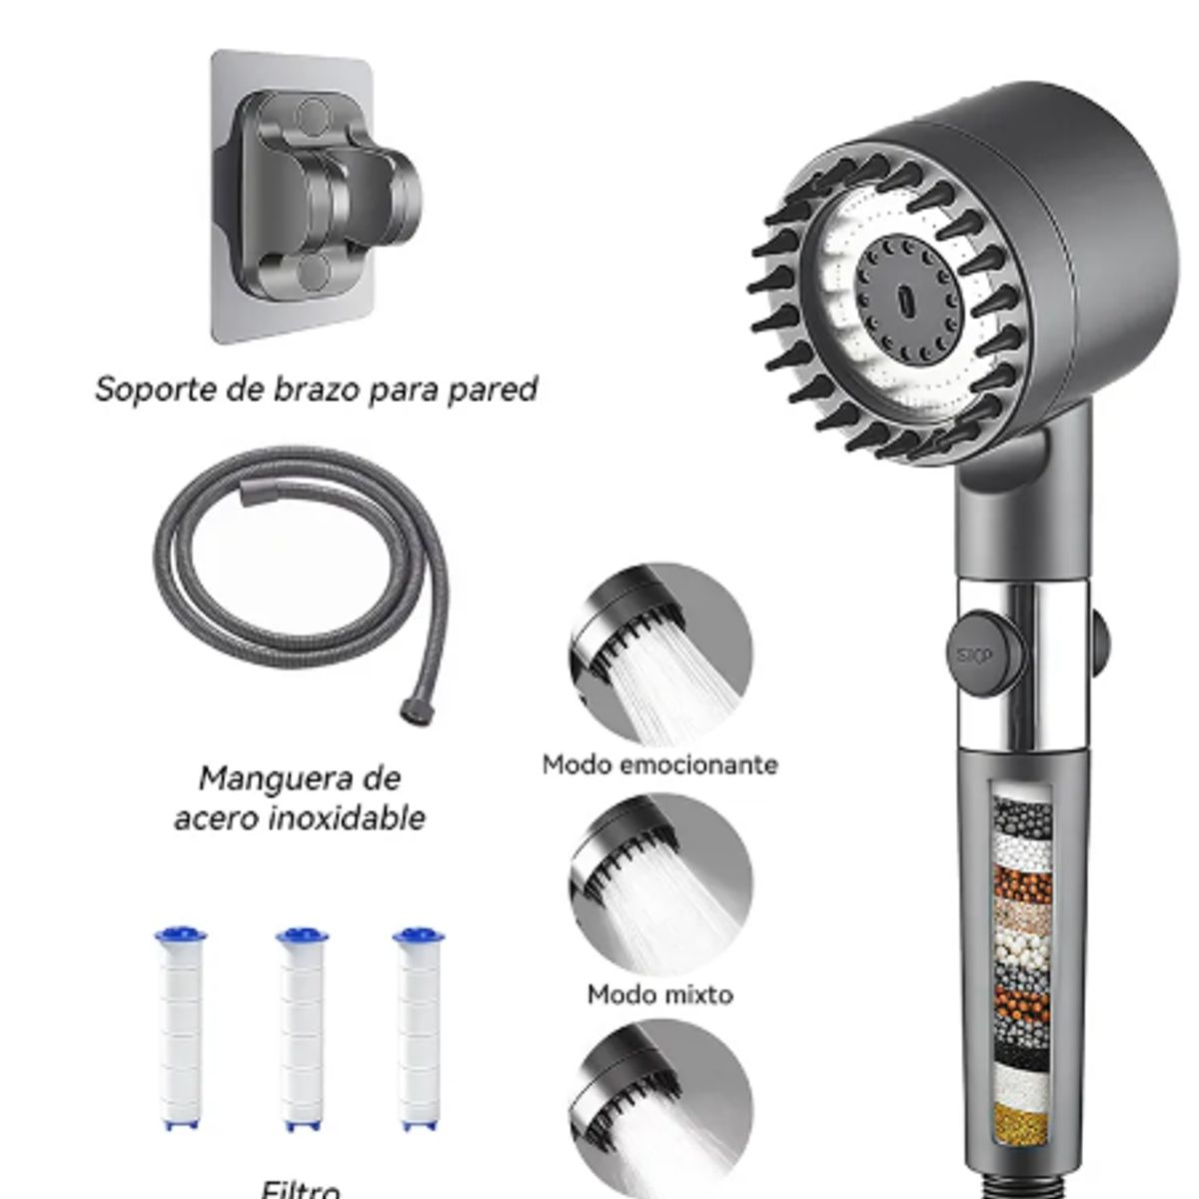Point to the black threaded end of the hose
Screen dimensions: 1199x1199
[x=409, y=712]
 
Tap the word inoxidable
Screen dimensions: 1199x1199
[x=345, y=818]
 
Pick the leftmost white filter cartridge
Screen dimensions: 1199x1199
[x=181, y=1029]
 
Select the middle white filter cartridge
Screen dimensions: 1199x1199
[x=301, y=1029]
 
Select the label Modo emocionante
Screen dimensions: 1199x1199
[x=659, y=764]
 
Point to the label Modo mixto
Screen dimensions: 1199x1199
[x=659, y=994]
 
